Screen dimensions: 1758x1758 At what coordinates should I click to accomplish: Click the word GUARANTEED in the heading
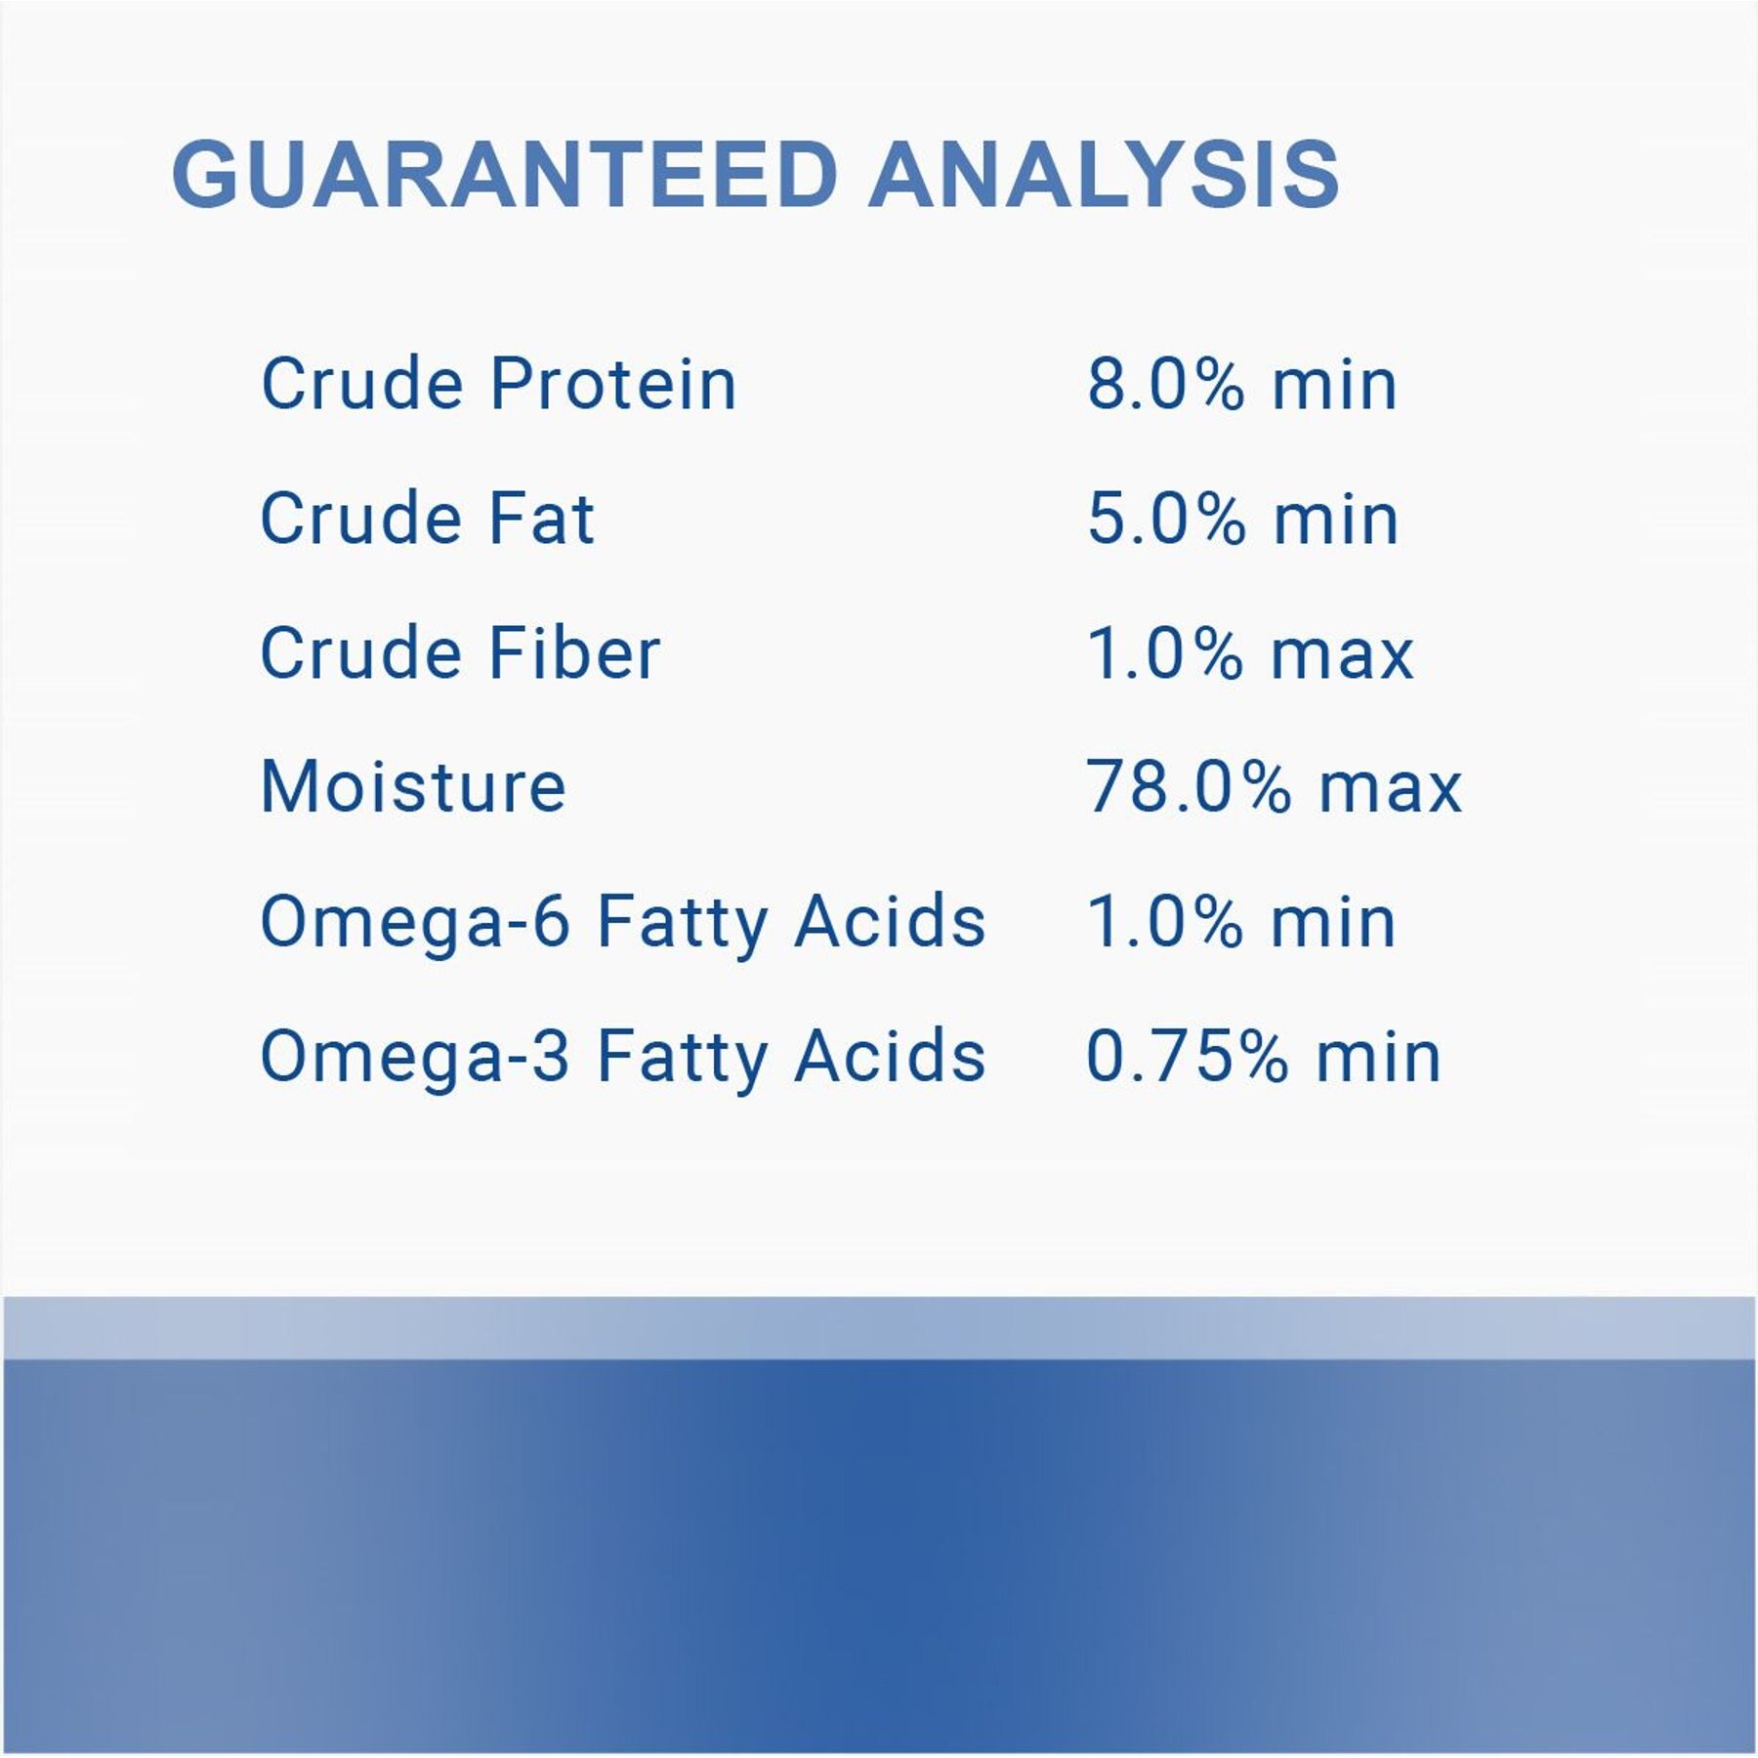click(x=505, y=175)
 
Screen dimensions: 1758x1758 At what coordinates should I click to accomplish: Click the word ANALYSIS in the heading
click(x=1104, y=175)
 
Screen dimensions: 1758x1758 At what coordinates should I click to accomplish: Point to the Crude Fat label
click(x=428, y=518)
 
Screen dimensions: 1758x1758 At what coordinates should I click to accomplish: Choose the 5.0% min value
click(x=1242, y=518)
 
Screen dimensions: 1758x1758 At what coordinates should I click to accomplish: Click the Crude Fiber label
click(x=460, y=652)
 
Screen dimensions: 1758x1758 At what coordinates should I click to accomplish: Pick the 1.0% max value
click(x=1250, y=652)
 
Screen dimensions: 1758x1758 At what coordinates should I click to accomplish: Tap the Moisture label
click(x=413, y=786)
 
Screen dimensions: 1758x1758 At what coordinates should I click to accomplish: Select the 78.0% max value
click(x=1274, y=786)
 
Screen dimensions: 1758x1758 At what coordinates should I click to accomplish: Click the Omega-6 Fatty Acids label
click(x=623, y=923)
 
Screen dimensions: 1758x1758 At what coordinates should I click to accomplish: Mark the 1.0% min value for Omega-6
click(x=1241, y=921)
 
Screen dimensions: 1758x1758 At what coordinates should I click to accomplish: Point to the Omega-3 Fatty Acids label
click(x=623, y=1058)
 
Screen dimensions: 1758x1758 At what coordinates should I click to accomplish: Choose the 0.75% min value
click(x=1264, y=1056)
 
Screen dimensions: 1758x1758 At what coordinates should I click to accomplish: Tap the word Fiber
click(x=574, y=652)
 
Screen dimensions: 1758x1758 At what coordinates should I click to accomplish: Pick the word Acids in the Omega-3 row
click(x=890, y=1056)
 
